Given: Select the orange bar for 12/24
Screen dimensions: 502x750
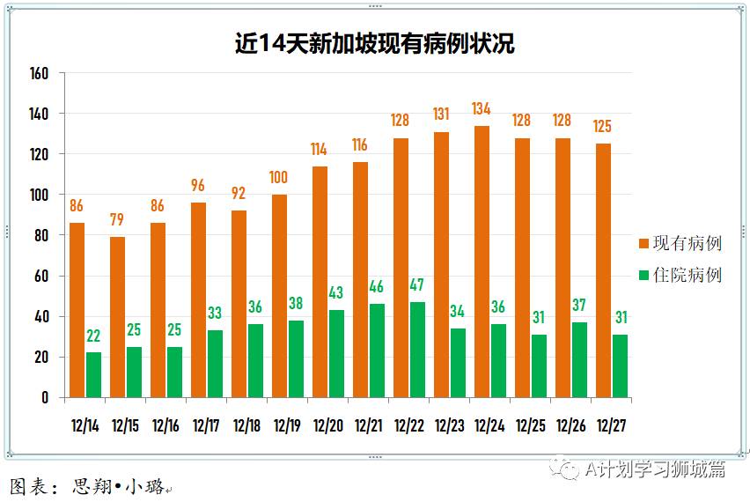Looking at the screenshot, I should click(x=482, y=262).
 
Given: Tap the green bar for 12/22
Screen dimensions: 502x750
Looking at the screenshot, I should click(x=417, y=350).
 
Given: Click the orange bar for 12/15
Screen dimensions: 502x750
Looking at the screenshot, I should click(x=118, y=317).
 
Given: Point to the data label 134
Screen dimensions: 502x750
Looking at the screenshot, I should click(x=482, y=109).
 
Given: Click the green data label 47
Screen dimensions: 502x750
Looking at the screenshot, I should click(x=417, y=285).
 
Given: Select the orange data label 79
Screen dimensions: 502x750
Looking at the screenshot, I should click(x=117, y=220).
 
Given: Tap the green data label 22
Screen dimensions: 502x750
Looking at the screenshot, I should click(x=93, y=336).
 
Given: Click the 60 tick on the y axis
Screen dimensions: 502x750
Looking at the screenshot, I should click(x=41, y=276).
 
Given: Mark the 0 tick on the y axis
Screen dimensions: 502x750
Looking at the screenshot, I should click(x=44, y=397).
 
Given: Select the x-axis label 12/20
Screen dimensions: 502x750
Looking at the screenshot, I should click(x=327, y=426).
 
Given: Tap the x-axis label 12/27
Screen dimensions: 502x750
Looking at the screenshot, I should click(x=611, y=426).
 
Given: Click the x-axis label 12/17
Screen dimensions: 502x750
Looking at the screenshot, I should click(x=206, y=426).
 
